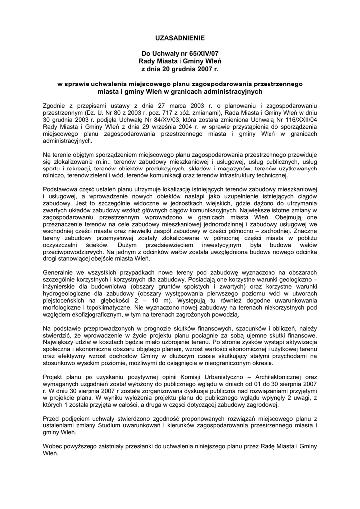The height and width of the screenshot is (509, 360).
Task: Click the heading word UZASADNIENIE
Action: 180,38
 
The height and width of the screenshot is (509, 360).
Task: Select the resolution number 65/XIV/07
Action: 200,53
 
